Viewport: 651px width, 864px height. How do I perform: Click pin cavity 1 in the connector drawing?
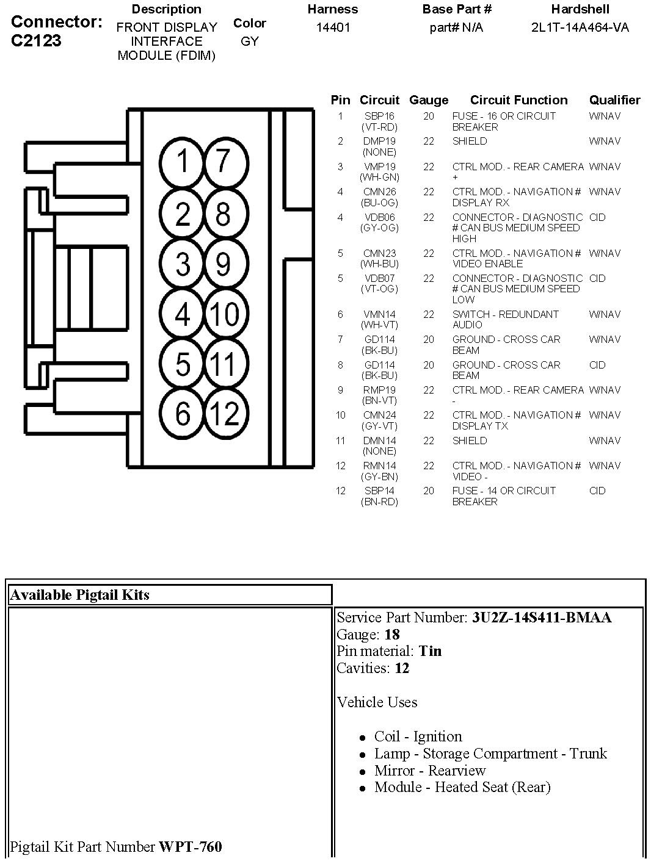coord(183,162)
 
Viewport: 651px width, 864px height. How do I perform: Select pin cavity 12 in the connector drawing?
coord(224,414)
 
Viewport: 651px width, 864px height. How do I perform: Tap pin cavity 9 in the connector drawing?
coord(224,264)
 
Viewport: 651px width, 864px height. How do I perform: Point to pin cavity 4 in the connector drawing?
coord(183,314)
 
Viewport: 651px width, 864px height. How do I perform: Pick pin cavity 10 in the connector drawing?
coord(224,314)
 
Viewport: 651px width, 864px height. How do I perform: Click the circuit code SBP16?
coord(379,116)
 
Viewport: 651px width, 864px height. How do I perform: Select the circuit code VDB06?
coord(379,217)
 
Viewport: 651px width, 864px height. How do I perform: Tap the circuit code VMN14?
coord(379,314)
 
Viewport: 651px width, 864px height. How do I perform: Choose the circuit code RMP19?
coord(379,390)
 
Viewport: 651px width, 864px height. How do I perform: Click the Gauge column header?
coord(429,100)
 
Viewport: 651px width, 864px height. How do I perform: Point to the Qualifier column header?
coord(614,100)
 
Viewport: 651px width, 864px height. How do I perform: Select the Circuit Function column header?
coord(518,100)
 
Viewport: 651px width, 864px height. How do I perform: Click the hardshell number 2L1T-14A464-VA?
coord(580,27)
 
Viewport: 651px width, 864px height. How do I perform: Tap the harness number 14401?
coord(333,27)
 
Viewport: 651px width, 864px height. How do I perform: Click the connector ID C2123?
coord(37,41)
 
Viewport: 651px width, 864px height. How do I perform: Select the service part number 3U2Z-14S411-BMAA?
coord(541,617)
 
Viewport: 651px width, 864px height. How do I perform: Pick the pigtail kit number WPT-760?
coord(191,847)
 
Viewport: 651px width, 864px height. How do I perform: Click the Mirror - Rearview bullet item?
coord(430,771)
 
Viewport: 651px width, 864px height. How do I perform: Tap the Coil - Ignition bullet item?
coord(418,736)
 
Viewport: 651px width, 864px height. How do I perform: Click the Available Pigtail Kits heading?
coord(80,595)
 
